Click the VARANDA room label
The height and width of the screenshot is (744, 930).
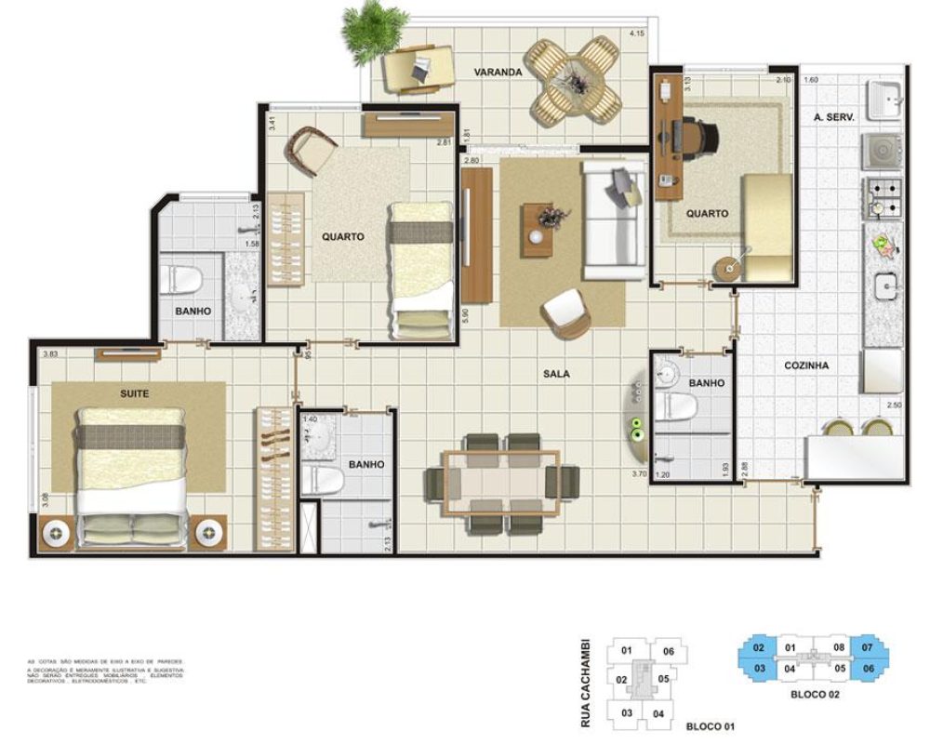497,72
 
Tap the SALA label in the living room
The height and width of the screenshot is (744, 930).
556,374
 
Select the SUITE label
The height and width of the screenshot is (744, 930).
135,393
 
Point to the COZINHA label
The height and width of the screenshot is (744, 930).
805,365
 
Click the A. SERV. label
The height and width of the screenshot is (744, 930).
834,117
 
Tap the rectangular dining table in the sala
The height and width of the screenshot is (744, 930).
501,482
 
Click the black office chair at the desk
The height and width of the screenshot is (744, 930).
699,139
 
